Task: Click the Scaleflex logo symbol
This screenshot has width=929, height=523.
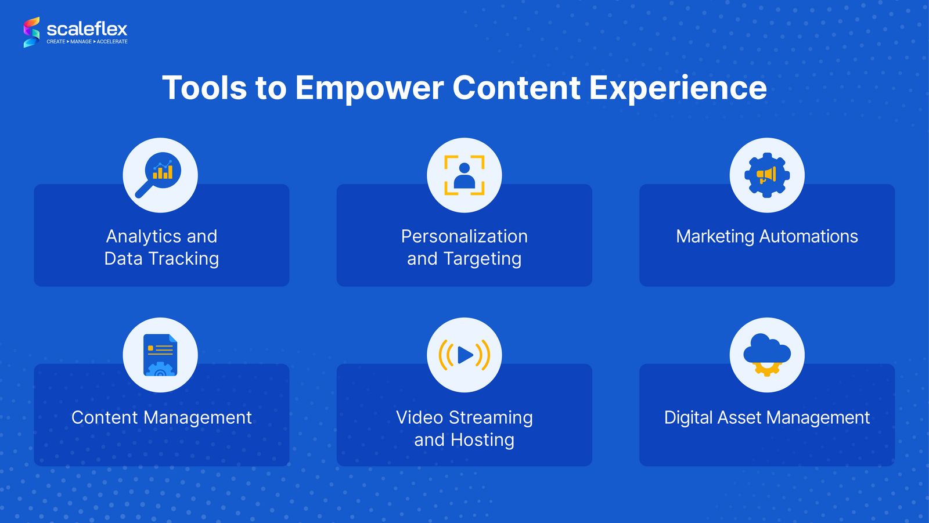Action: [x=31, y=32]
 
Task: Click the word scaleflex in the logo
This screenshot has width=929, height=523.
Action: [x=87, y=29]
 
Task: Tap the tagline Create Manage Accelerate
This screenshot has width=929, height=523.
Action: [x=87, y=42]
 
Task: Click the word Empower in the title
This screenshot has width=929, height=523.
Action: [x=369, y=88]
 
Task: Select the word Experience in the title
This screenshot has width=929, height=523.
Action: [x=678, y=88]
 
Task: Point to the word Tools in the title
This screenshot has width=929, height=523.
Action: [x=204, y=88]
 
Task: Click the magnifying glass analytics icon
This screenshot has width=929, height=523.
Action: [x=160, y=174]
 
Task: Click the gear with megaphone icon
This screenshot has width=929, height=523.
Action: [x=766, y=175]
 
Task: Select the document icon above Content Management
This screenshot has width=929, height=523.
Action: [x=160, y=355]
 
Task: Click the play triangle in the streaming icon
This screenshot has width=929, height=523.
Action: [x=465, y=355]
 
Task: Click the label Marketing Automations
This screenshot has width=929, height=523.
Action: [x=766, y=237]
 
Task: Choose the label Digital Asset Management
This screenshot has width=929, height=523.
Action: [x=766, y=418]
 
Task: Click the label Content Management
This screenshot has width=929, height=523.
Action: [x=161, y=418]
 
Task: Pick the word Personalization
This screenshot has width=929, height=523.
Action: [x=464, y=237]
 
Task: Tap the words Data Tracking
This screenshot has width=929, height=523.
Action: [x=161, y=259]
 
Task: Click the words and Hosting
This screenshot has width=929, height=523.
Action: [x=464, y=440]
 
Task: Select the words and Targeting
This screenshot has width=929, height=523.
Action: [x=464, y=259]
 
